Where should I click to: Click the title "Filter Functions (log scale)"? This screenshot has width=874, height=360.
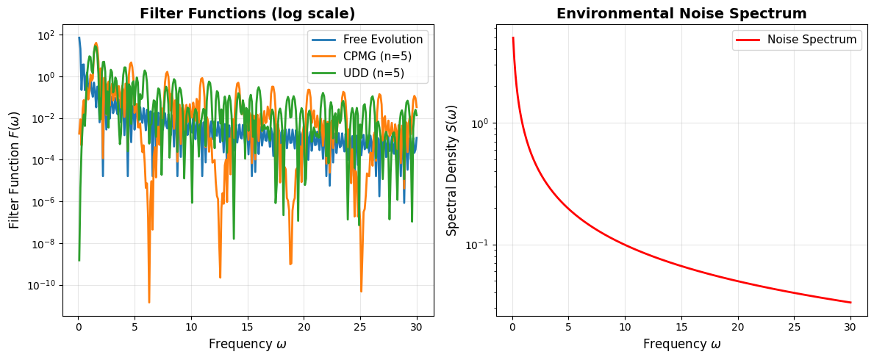248,13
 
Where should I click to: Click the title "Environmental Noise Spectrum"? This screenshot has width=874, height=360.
681,13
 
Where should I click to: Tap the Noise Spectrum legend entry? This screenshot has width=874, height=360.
812,40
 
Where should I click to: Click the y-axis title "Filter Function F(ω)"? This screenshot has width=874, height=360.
14,169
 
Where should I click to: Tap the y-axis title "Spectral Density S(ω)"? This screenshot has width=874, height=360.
452,169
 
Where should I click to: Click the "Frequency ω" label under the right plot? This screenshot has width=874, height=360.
681,344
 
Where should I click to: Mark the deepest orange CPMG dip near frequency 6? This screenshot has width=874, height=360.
149,302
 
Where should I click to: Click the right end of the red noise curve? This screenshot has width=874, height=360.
850,303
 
